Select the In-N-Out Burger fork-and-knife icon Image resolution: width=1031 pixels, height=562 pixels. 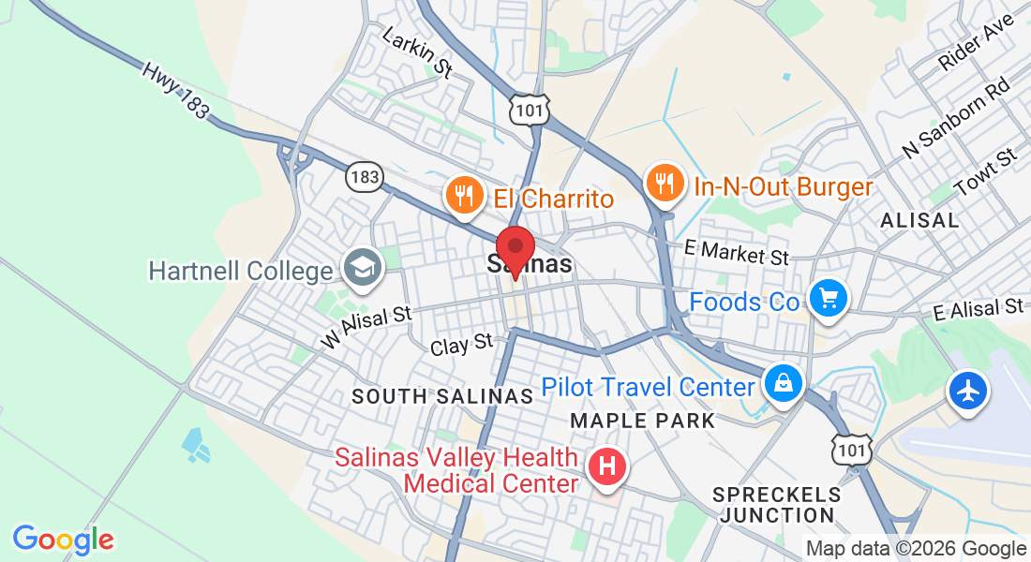point(665,185)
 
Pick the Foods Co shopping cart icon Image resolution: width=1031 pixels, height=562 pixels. point(828,300)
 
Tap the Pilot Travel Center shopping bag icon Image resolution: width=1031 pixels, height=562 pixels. point(781,383)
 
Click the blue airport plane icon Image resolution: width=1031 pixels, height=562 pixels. point(968,389)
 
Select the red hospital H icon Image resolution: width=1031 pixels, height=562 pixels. point(606,466)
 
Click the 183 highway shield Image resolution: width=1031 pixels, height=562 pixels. point(363,175)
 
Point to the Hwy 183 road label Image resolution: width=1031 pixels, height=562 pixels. point(175,90)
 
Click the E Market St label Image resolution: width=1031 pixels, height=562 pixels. point(737,252)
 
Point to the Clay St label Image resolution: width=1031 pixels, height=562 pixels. point(461,344)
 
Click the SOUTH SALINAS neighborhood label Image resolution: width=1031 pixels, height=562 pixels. point(442,397)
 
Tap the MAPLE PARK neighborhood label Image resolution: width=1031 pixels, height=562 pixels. point(642,421)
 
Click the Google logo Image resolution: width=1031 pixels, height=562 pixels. point(63,540)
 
